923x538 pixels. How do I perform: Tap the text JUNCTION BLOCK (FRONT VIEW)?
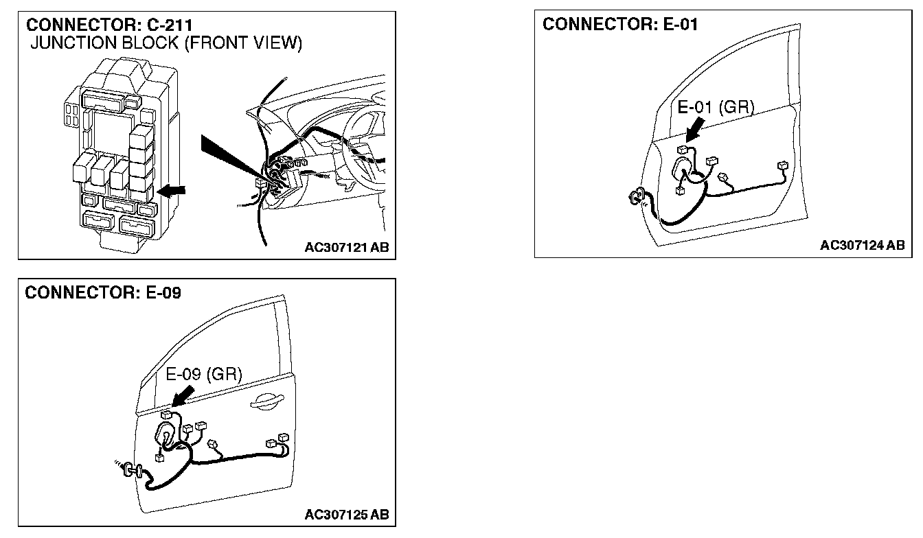pyautogui.click(x=166, y=44)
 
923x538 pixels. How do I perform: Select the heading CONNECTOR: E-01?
pyautogui.click(x=620, y=25)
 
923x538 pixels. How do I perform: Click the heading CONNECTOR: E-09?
pyautogui.click(x=103, y=293)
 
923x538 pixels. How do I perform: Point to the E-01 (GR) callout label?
pyautogui.click(x=716, y=107)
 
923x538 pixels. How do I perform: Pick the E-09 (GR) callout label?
pyautogui.click(x=204, y=374)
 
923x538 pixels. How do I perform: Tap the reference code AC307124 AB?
pyautogui.click(x=862, y=245)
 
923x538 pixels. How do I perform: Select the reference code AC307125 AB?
pyautogui.click(x=346, y=514)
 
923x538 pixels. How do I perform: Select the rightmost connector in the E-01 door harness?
pyautogui.click(x=781, y=166)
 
